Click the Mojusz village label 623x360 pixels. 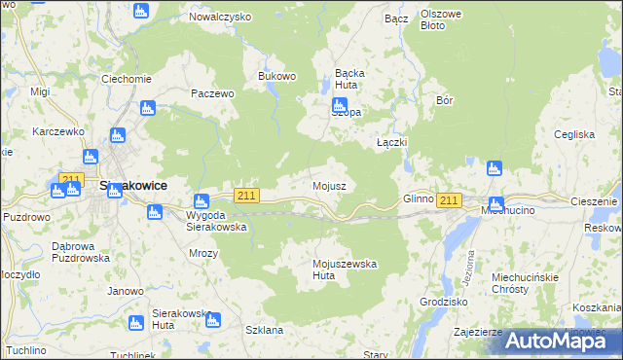tap(328, 185)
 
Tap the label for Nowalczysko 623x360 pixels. tap(219, 18)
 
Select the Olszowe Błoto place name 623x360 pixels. tap(446, 19)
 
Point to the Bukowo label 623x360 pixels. tap(275, 75)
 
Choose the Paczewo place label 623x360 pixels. tap(213, 94)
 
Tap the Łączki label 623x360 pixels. tap(391, 142)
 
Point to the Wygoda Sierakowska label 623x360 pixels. tap(215, 220)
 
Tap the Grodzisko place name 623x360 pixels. tap(443, 303)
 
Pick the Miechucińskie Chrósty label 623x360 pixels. tap(524, 282)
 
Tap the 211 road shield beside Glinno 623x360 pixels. tap(448, 200)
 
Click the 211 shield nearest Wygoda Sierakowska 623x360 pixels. tap(246, 196)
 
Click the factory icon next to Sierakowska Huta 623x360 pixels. tap(213, 319)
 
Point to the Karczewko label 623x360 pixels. tap(56, 131)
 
